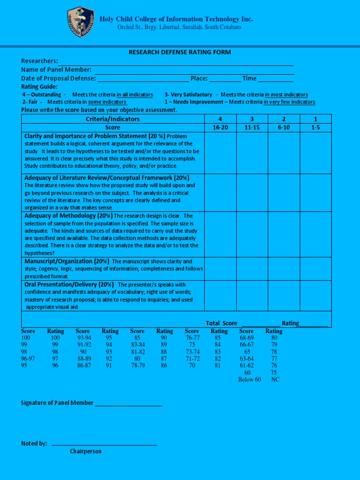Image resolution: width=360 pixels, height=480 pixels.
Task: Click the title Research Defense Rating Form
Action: (x=180, y=52)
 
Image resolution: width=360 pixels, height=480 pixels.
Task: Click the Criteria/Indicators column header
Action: (x=113, y=119)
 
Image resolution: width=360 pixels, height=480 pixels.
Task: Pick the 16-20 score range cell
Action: (x=220, y=127)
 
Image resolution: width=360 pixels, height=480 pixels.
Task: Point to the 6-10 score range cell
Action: (x=284, y=127)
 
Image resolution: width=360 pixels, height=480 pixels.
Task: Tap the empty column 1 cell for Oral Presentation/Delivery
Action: (x=315, y=296)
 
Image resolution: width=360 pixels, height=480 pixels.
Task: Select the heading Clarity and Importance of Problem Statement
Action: (x=94, y=136)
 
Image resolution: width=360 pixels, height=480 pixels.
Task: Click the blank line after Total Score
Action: (x=260, y=324)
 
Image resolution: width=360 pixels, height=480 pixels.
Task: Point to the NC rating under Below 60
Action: (x=275, y=380)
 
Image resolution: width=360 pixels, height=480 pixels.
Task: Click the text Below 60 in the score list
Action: (x=249, y=380)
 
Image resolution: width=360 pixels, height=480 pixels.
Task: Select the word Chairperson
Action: (x=86, y=451)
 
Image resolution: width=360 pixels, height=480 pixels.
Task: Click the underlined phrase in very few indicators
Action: (x=289, y=102)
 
